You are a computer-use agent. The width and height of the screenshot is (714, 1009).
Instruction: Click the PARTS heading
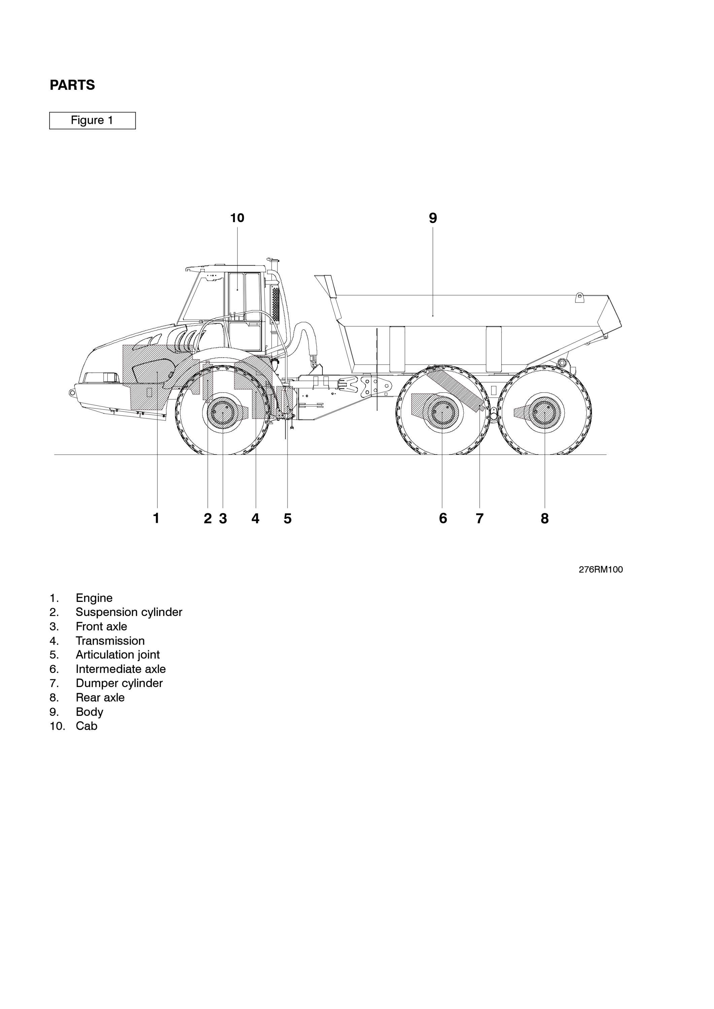72,85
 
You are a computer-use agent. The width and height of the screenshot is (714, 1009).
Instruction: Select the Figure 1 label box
92,120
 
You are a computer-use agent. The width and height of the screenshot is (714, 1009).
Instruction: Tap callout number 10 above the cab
237,218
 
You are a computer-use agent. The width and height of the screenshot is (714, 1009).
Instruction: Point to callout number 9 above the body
433,218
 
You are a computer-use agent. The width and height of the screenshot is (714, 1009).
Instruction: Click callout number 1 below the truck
156,518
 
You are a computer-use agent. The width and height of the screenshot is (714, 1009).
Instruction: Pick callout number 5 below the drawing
287,518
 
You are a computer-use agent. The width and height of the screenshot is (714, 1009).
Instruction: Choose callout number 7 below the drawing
480,518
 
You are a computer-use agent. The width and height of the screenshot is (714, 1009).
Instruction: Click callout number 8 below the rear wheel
545,518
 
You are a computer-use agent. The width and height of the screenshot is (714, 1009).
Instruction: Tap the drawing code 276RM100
601,570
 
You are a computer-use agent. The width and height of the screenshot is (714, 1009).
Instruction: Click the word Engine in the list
94,598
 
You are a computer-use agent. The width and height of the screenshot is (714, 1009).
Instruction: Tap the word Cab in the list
87,726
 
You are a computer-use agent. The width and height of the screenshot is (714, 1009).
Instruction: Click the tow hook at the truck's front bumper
72,392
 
